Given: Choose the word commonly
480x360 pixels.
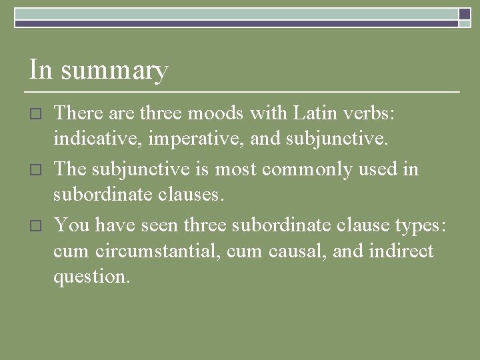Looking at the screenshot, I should pos(307,169).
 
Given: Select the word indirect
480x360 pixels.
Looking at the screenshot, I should pos(397,251).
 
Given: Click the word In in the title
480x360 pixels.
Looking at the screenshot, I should pos(41,70).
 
